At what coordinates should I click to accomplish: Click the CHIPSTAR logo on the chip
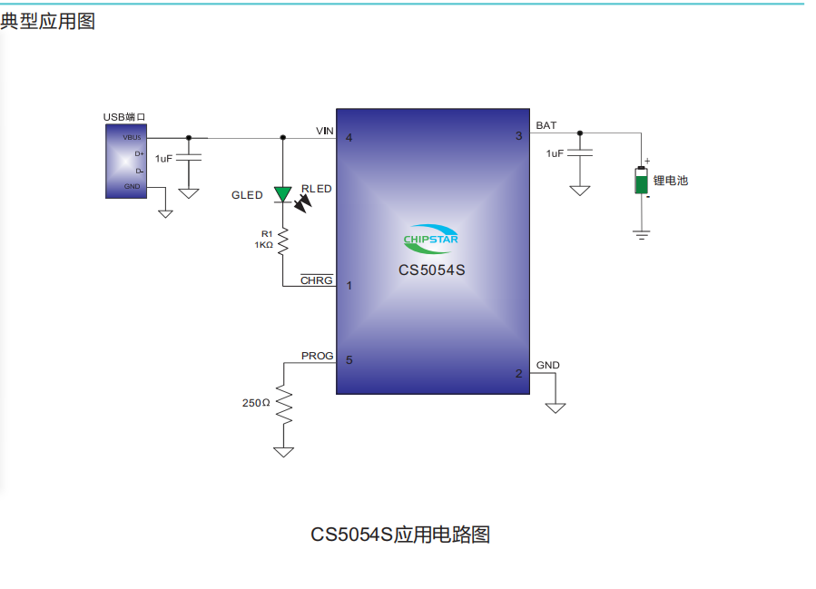point(431,238)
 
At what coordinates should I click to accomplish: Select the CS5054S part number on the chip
point(431,270)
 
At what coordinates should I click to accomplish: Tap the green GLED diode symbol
point(282,193)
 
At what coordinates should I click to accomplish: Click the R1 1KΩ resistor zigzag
point(282,241)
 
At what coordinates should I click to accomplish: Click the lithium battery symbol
point(642,181)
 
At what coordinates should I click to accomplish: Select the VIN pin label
point(325,131)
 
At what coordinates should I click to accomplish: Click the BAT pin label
point(546,125)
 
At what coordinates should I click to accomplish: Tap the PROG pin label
point(318,356)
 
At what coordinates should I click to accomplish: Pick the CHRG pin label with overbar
point(317,280)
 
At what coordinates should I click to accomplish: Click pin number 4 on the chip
point(349,138)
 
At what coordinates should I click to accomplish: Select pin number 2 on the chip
point(519,373)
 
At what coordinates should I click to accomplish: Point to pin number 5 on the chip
point(349,360)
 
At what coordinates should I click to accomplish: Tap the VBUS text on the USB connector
point(133,137)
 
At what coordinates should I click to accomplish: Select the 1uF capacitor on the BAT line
point(579,153)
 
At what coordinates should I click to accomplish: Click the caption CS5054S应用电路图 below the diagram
point(400,535)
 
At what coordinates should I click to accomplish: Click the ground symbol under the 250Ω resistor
point(283,450)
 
